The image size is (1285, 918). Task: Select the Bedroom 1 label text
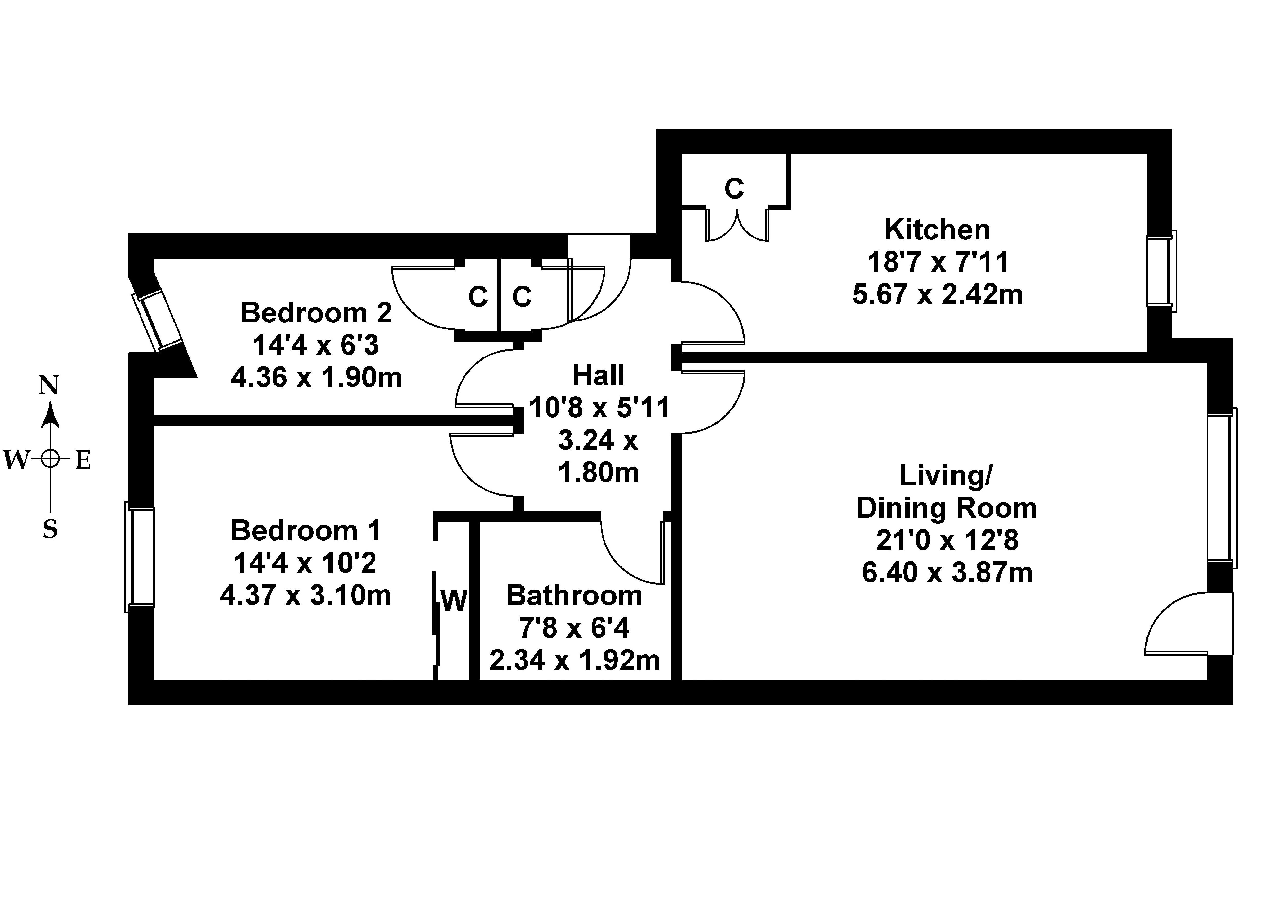pyautogui.click(x=306, y=531)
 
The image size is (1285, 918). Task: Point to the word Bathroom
pyautogui.click(x=574, y=596)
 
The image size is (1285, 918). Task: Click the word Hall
pyautogui.click(x=599, y=375)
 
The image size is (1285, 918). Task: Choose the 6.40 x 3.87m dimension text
pyautogui.click(x=947, y=573)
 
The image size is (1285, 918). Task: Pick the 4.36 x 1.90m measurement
pyautogui.click(x=316, y=377)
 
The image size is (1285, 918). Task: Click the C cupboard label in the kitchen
pyautogui.click(x=734, y=189)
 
